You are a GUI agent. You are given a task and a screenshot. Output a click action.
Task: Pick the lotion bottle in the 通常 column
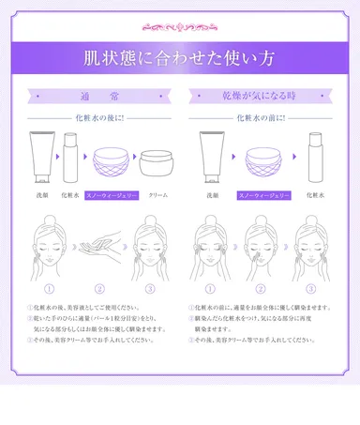68,158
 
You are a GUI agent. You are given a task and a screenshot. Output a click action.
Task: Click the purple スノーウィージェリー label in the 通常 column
111,195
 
